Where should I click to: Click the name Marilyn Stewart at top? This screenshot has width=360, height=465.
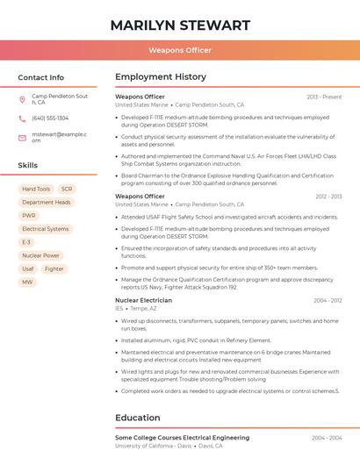[x=180, y=25]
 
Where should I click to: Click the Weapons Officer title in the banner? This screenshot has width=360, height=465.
[x=180, y=50]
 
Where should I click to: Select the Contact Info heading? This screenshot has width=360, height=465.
[x=40, y=77]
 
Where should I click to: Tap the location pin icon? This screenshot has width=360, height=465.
[x=22, y=99]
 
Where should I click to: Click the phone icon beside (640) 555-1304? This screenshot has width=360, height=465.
[x=22, y=118]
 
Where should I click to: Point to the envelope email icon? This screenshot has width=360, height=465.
[x=22, y=138]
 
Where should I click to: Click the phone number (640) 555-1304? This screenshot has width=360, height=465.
[x=50, y=118]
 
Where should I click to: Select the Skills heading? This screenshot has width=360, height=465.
[x=28, y=165]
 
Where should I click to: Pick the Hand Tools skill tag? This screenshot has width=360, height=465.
[x=36, y=189]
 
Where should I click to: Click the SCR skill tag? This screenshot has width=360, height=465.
[x=67, y=189]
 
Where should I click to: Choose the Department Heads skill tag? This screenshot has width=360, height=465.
[x=46, y=202]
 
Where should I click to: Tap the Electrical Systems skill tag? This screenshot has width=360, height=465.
[x=45, y=229]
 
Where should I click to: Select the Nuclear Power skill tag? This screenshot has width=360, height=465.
[x=40, y=255]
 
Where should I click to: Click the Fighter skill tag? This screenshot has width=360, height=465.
[x=54, y=268]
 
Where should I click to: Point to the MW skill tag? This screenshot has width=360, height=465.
[x=27, y=282]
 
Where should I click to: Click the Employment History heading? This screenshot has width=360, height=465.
[x=161, y=77]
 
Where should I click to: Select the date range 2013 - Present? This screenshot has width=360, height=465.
[x=324, y=97]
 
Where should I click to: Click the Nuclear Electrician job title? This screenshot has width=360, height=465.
[x=143, y=300]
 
